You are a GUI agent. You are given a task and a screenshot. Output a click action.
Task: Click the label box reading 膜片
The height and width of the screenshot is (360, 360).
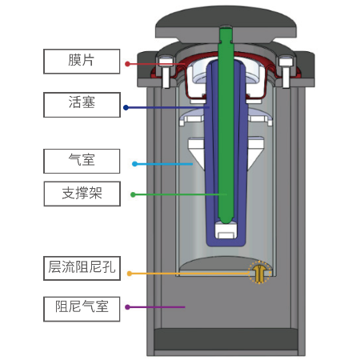(x=82, y=62)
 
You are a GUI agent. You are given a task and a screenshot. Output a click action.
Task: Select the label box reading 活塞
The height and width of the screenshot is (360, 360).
(x=82, y=105)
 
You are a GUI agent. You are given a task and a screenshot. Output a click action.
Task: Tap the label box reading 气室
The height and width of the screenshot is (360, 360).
(x=82, y=161)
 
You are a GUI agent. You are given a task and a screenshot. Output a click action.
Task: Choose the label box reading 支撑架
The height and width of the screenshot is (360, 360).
(x=82, y=194)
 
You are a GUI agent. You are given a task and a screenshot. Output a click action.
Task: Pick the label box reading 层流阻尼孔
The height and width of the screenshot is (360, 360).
(x=82, y=268)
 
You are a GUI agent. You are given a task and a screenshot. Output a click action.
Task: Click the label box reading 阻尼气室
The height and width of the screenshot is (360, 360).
(x=82, y=309)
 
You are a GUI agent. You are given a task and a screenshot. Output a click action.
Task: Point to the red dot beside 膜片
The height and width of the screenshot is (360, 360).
(x=127, y=64)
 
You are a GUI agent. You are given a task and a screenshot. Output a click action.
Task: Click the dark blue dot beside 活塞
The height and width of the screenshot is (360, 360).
(x=126, y=108)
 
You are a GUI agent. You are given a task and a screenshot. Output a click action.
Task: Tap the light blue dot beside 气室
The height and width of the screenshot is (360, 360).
(x=134, y=164)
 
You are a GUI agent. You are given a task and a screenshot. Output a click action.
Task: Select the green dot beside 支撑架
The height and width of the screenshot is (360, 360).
(x=133, y=194)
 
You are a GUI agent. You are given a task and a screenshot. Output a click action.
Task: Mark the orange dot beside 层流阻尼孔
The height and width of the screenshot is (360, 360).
(x=130, y=274)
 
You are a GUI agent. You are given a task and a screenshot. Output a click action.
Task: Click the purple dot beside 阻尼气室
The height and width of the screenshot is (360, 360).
(x=127, y=307)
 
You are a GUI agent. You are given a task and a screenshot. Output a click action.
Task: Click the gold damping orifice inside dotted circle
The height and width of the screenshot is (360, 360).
(x=259, y=273)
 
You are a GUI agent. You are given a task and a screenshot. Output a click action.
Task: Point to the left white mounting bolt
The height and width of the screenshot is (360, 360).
(x=166, y=72)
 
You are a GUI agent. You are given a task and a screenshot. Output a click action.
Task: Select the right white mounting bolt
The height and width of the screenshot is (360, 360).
(x=286, y=72)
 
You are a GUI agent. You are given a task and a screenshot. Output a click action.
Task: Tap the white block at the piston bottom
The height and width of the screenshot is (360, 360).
(x=226, y=230)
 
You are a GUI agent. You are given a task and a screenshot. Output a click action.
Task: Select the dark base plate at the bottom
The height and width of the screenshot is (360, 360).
(x=226, y=339)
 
